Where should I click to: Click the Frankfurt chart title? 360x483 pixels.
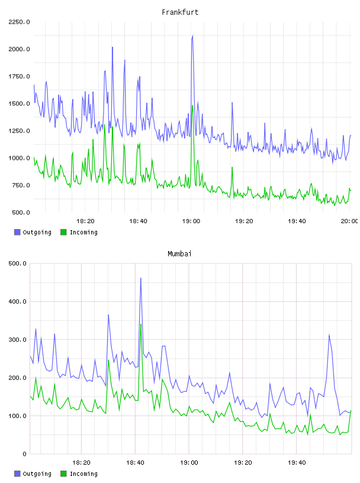[x=180, y=12]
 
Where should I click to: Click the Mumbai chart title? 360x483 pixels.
[x=179, y=254]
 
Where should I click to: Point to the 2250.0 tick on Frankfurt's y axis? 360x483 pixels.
[x=19, y=22]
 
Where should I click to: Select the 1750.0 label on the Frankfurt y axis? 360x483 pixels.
[x=19, y=76]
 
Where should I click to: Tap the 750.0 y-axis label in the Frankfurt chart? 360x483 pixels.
[x=21, y=185]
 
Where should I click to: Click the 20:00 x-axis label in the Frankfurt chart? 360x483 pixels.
[x=349, y=221]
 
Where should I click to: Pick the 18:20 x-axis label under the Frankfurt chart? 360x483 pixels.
[x=85, y=221]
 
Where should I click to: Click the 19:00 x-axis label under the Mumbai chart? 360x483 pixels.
[x=189, y=463]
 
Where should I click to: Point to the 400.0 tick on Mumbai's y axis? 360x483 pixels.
[x=18, y=301]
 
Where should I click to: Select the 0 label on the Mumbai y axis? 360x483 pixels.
[x=25, y=454]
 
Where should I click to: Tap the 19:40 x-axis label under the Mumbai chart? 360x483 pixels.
[x=297, y=463]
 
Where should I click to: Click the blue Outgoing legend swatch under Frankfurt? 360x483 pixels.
[x=17, y=232]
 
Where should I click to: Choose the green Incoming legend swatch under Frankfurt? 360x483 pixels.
[x=63, y=232]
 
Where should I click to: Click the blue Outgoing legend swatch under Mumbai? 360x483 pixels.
[x=17, y=474]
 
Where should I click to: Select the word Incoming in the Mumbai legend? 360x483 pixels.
[x=83, y=474]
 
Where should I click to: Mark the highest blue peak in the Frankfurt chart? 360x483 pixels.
[x=192, y=36]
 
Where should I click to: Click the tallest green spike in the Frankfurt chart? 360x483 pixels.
[x=192, y=105]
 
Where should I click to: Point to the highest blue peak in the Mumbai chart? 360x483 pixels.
[x=141, y=278]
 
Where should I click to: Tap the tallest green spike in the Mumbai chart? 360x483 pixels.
[x=141, y=324]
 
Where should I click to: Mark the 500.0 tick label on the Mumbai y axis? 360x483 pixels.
[x=18, y=263]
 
